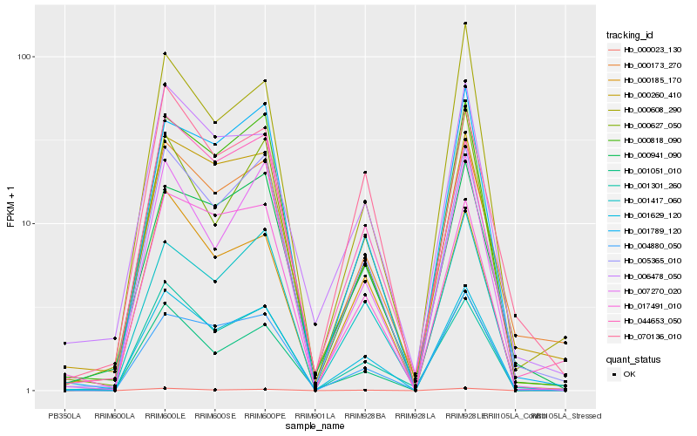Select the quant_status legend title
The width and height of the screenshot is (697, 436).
[x=633, y=358]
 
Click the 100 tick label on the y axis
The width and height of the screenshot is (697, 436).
[x=24, y=57]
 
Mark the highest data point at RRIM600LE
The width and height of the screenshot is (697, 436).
[x=165, y=53]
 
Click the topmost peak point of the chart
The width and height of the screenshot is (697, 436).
[x=465, y=24]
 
